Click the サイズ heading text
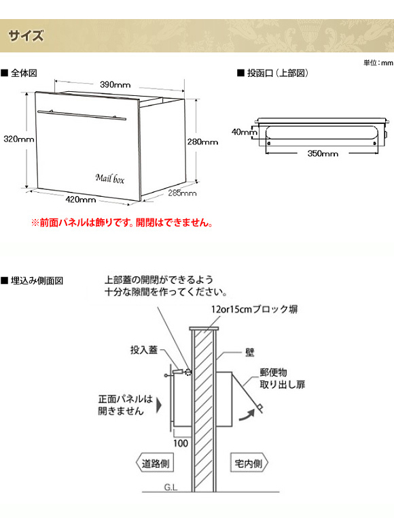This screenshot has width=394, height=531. click(x=26, y=35)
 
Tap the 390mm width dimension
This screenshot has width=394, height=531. click(x=115, y=84)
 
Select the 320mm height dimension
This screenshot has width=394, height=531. click(x=18, y=139)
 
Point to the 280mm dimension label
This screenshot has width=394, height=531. click(x=202, y=142)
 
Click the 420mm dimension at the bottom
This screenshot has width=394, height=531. click(x=81, y=199)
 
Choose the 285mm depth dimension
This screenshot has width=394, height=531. click(x=182, y=193)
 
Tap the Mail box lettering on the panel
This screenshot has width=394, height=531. click(x=110, y=178)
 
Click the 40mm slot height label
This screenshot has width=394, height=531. click(x=245, y=132)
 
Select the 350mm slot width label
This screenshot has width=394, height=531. click(x=323, y=153)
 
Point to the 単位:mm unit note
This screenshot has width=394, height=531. click(x=378, y=63)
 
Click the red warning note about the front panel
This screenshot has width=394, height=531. click(x=122, y=223)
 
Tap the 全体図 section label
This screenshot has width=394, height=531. click(x=19, y=73)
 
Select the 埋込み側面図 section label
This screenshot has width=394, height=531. click(x=33, y=280)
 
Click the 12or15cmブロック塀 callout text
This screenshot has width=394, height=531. click(x=255, y=309)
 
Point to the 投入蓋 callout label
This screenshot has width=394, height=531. click(x=144, y=350)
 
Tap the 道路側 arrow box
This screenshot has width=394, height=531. click(x=155, y=463)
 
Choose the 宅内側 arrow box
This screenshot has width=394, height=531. click(x=249, y=463)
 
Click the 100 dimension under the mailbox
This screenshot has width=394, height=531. click(x=181, y=443)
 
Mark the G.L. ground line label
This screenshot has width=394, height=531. click(x=171, y=487)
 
